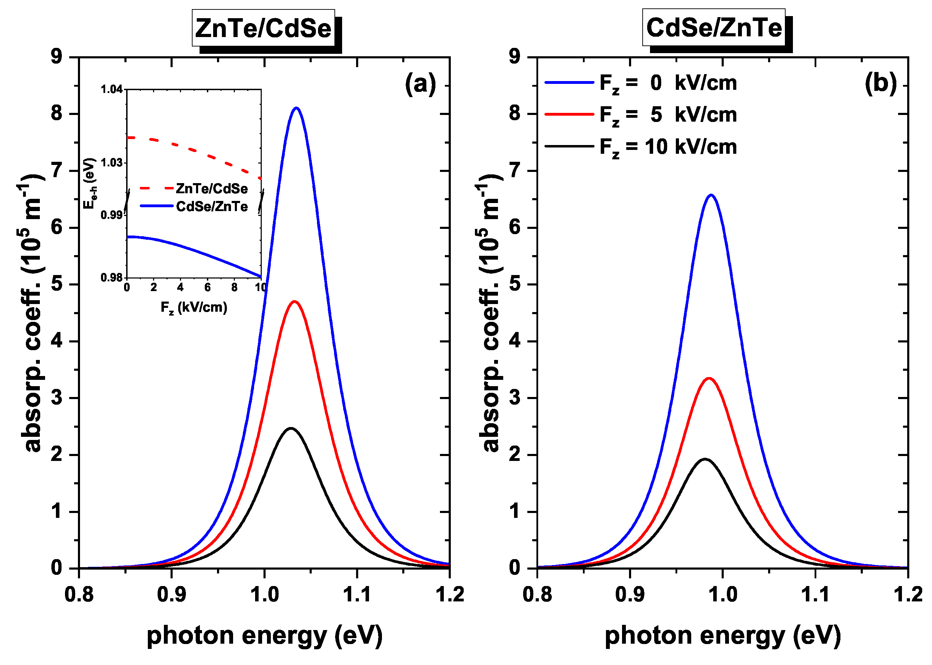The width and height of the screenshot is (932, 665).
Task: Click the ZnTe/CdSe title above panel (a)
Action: [x=263, y=28]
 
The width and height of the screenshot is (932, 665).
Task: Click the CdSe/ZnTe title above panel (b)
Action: [x=714, y=28]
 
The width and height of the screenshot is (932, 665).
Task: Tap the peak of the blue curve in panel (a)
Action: [x=296, y=108]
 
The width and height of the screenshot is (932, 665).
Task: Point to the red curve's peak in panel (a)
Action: [x=294, y=302]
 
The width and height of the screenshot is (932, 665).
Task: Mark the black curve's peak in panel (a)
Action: [x=291, y=428]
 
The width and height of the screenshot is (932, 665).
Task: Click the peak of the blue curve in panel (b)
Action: [x=711, y=195]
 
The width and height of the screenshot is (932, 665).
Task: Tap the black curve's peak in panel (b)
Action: [x=705, y=459]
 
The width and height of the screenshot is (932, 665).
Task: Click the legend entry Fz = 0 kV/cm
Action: [x=667, y=83]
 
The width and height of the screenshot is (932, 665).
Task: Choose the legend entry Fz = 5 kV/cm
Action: [x=667, y=115]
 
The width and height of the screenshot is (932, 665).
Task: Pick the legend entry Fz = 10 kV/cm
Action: [x=667, y=147]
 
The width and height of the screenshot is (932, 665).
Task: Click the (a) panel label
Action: [x=420, y=84]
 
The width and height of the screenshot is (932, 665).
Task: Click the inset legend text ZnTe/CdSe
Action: [x=212, y=189]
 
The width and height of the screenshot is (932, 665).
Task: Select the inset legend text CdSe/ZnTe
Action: [x=212, y=207]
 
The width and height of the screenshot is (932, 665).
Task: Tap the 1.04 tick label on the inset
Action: [x=111, y=89]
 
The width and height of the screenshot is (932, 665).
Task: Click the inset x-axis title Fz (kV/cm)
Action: [x=194, y=307]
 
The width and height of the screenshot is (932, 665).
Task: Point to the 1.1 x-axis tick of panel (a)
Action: [x=357, y=594]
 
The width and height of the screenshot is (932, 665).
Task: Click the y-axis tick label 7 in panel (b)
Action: [x=515, y=170]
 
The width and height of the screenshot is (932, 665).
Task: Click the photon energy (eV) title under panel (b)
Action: [x=723, y=636]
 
